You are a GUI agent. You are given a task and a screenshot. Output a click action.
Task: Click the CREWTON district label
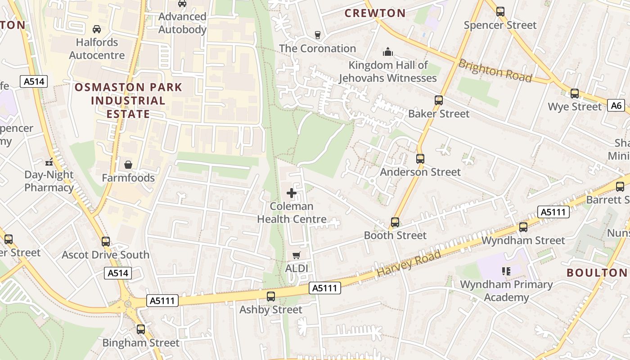pyautogui.click(x=375, y=13)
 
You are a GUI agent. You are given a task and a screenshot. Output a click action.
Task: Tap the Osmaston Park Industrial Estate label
pyautogui.click(x=128, y=100)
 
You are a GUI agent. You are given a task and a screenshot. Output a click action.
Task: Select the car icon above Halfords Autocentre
pyautogui.click(x=96, y=29)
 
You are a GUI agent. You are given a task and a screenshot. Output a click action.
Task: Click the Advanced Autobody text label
pyautogui.click(x=182, y=23)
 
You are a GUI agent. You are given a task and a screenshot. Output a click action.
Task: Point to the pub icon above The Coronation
pyautogui.click(x=318, y=35)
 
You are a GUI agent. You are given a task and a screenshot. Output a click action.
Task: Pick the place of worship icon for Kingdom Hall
pyautogui.click(x=387, y=52)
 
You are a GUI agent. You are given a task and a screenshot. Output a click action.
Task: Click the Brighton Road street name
pyautogui.click(x=495, y=71)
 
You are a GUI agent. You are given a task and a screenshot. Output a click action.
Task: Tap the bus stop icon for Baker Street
pyautogui.click(x=439, y=100)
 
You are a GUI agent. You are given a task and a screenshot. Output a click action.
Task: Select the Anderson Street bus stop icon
pyautogui.click(x=420, y=159)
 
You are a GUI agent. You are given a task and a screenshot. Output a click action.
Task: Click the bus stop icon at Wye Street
pyautogui.click(x=575, y=94)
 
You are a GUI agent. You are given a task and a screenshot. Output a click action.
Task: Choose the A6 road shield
pyautogui.click(x=616, y=106)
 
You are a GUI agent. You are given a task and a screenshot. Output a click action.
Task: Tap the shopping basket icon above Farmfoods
pyautogui.click(x=128, y=165)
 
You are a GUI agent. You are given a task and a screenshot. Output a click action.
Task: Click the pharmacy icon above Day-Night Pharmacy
pyautogui.click(x=49, y=162)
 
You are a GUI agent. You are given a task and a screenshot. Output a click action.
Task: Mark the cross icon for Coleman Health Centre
pyautogui.click(x=292, y=193)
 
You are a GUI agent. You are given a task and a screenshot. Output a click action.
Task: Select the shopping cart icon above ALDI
pyautogui.click(x=296, y=256)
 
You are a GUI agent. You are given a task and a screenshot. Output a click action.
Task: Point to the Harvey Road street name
pyautogui.click(x=409, y=264)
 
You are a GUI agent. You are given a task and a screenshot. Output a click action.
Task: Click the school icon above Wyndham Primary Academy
pyautogui.click(x=506, y=271)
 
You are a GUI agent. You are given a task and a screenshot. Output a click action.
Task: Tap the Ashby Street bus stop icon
pyautogui.click(x=271, y=297)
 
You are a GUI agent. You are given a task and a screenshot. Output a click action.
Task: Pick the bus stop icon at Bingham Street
pyautogui.click(x=141, y=329)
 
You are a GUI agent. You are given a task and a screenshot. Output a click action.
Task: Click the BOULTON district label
pyautogui.click(x=597, y=273)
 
